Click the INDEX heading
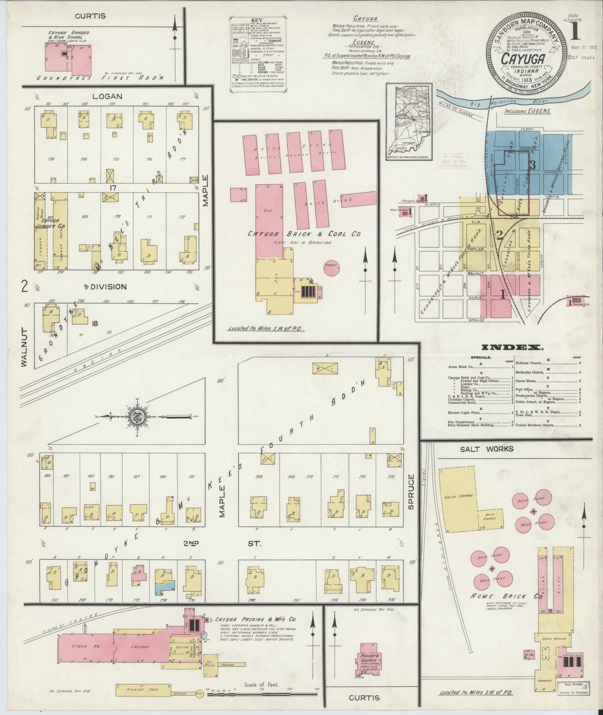pos(512,347)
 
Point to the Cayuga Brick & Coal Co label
pos(304,234)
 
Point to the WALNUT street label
pos(24,348)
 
